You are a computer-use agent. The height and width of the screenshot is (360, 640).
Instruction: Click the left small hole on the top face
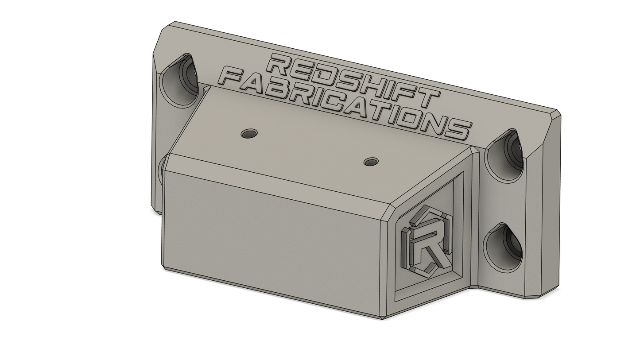pos(249,133)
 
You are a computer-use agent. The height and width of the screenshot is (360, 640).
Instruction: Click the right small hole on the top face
pos(371,162)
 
